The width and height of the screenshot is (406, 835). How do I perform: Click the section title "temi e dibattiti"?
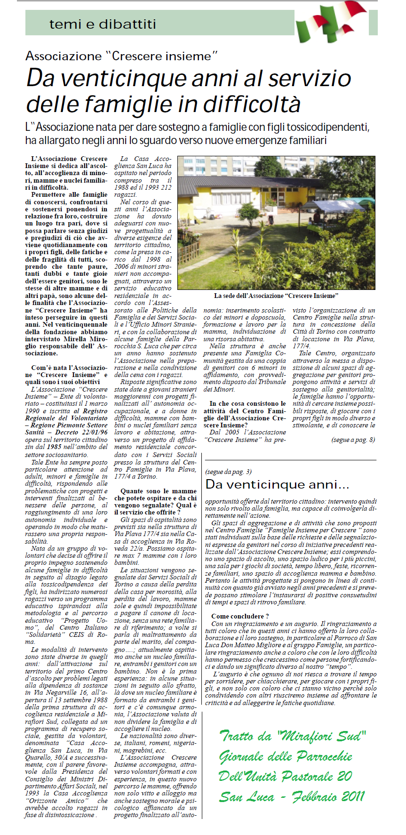point(102,24)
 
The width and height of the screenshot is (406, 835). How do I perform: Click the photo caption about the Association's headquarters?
point(276,296)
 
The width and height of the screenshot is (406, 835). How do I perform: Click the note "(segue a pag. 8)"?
point(353,440)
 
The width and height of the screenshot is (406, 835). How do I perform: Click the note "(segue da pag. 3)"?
point(228,472)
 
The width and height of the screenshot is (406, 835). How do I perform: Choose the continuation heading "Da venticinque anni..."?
point(278,484)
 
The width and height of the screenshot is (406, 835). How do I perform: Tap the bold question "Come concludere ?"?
point(240,616)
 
